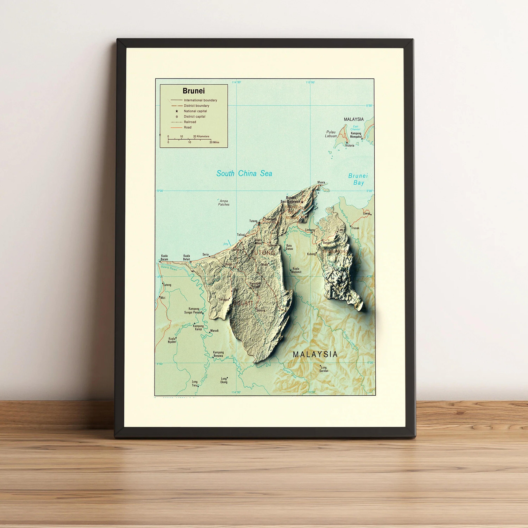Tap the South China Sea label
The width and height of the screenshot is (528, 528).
coord(244,173)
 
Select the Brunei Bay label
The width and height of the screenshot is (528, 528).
coord(358,179)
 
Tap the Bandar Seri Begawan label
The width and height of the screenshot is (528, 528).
coord(290,200)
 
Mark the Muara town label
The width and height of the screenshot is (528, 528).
coord(321,182)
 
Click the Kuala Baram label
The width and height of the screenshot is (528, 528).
coord(164,257)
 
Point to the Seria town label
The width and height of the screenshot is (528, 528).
coord(206,254)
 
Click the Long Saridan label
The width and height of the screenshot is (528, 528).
coord(324,369)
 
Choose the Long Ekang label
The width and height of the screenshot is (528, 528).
coord(224,380)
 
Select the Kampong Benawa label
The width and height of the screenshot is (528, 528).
coord(218,354)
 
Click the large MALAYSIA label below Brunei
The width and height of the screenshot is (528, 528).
coord(315,354)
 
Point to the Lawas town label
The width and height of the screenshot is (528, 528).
coord(366,213)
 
